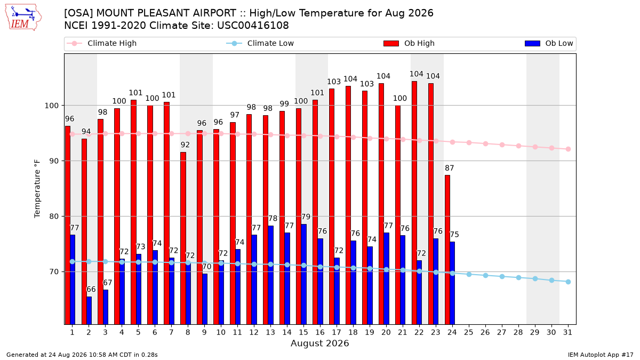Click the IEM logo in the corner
point(23,17)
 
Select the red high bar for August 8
point(183,238)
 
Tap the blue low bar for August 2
point(89,310)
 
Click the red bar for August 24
point(447,250)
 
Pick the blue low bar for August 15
point(303,274)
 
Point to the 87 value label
point(450,168)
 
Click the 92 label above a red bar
point(185,145)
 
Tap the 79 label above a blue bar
point(306,217)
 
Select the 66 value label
point(91,290)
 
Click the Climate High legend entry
point(102,43)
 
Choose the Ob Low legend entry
point(549,43)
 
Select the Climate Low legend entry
point(260,43)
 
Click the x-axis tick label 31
point(567,333)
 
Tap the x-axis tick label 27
point(502,333)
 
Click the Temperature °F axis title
point(37,189)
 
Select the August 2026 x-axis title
point(319,343)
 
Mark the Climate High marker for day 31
point(568,149)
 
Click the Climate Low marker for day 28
point(518,278)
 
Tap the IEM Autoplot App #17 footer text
point(601,355)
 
